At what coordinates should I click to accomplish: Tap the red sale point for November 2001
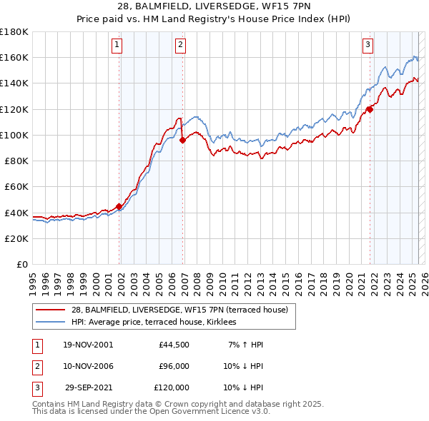pyautogui.click(x=119, y=207)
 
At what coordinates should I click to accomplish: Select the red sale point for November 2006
pyautogui.click(x=182, y=140)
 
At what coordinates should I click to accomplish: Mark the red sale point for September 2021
pyautogui.click(x=370, y=109)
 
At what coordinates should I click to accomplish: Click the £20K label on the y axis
pyautogui.click(x=17, y=238)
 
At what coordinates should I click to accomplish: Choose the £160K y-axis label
pyautogui.click(x=14, y=57)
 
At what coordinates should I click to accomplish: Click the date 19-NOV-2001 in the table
pyautogui.click(x=88, y=345)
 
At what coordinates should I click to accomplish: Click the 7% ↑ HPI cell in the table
pyautogui.click(x=246, y=345)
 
